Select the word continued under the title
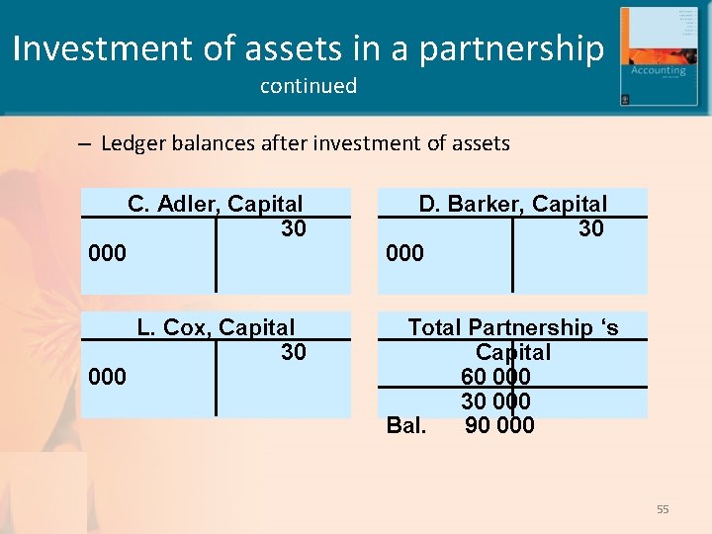point(309,86)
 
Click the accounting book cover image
point(653,55)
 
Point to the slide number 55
point(663,509)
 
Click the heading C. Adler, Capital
point(216,204)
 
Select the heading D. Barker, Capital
point(512,204)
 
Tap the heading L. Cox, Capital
point(216,327)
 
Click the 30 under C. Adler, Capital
point(294,228)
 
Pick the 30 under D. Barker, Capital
point(591,228)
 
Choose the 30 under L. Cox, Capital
point(294,352)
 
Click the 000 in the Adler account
point(108,253)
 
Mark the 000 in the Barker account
point(404,253)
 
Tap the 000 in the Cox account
point(108,377)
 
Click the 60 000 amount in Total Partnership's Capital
point(495,377)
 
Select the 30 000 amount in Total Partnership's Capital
point(495,401)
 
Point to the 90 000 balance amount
point(499,425)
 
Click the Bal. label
point(406,425)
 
